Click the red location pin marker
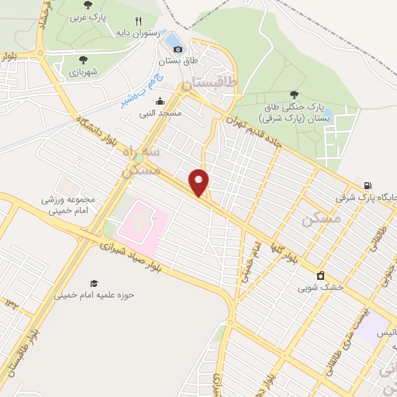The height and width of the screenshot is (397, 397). pyautogui.click(x=199, y=181)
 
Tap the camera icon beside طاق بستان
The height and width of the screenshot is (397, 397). pyautogui.click(x=178, y=49)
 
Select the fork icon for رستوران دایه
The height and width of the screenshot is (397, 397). pyautogui.click(x=138, y=21)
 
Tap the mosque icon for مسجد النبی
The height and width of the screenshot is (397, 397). pyautogui.click(x=161, y=101)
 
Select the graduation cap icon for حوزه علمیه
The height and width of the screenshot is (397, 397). pyautogui.click(x=94, y=283)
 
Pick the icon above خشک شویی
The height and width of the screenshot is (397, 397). pyautogui.click(x=319, y=274)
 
